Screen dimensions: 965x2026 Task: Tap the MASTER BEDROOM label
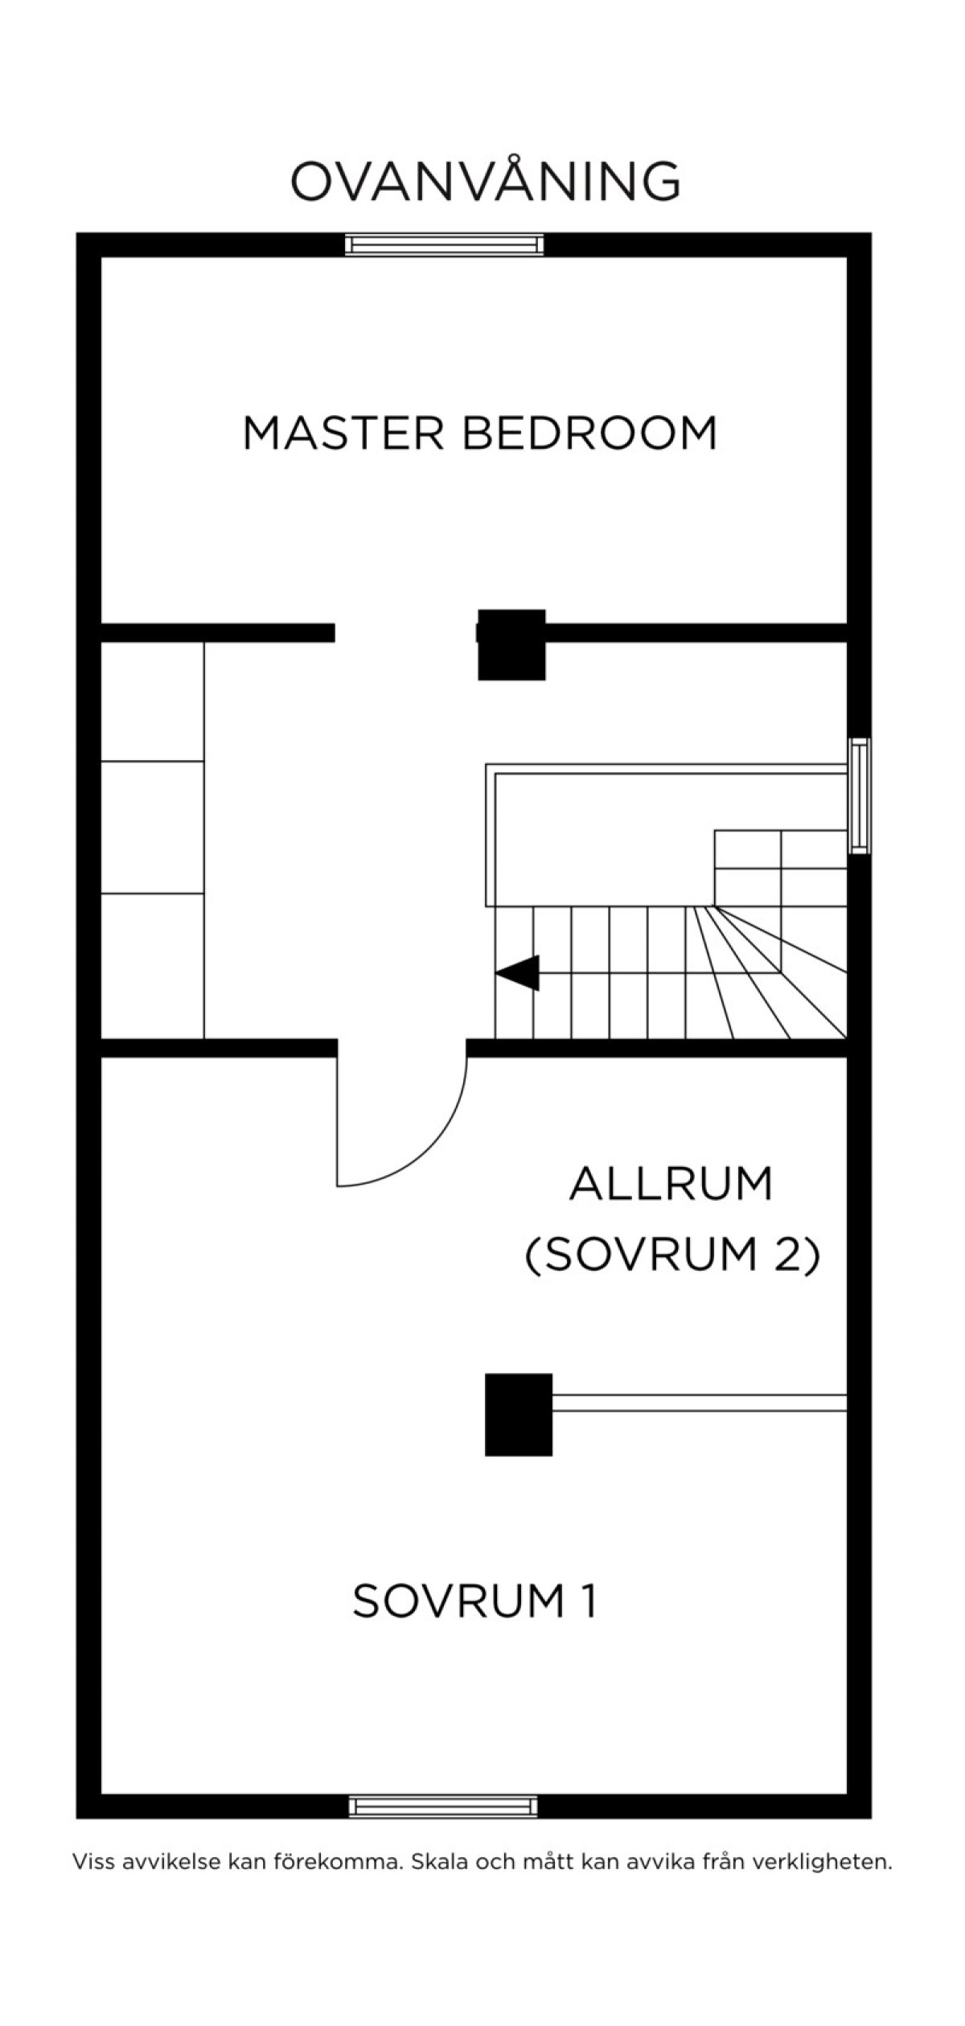point(480,433)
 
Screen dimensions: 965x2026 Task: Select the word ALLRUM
point(671,1183)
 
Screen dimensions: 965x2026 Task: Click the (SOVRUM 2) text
point(672,1255)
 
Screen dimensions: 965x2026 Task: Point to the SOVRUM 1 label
point(474,1600)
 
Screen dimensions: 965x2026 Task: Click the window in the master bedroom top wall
point(444,245)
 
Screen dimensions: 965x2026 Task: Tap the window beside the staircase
point(860,795)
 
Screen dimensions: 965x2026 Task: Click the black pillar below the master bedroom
point(511,644)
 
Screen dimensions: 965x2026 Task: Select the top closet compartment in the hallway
point(152,701)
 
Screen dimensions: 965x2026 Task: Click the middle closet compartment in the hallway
point(152,828)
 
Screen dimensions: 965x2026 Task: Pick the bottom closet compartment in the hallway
point(152,966)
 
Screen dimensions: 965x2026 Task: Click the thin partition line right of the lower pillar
point(700,1403)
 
